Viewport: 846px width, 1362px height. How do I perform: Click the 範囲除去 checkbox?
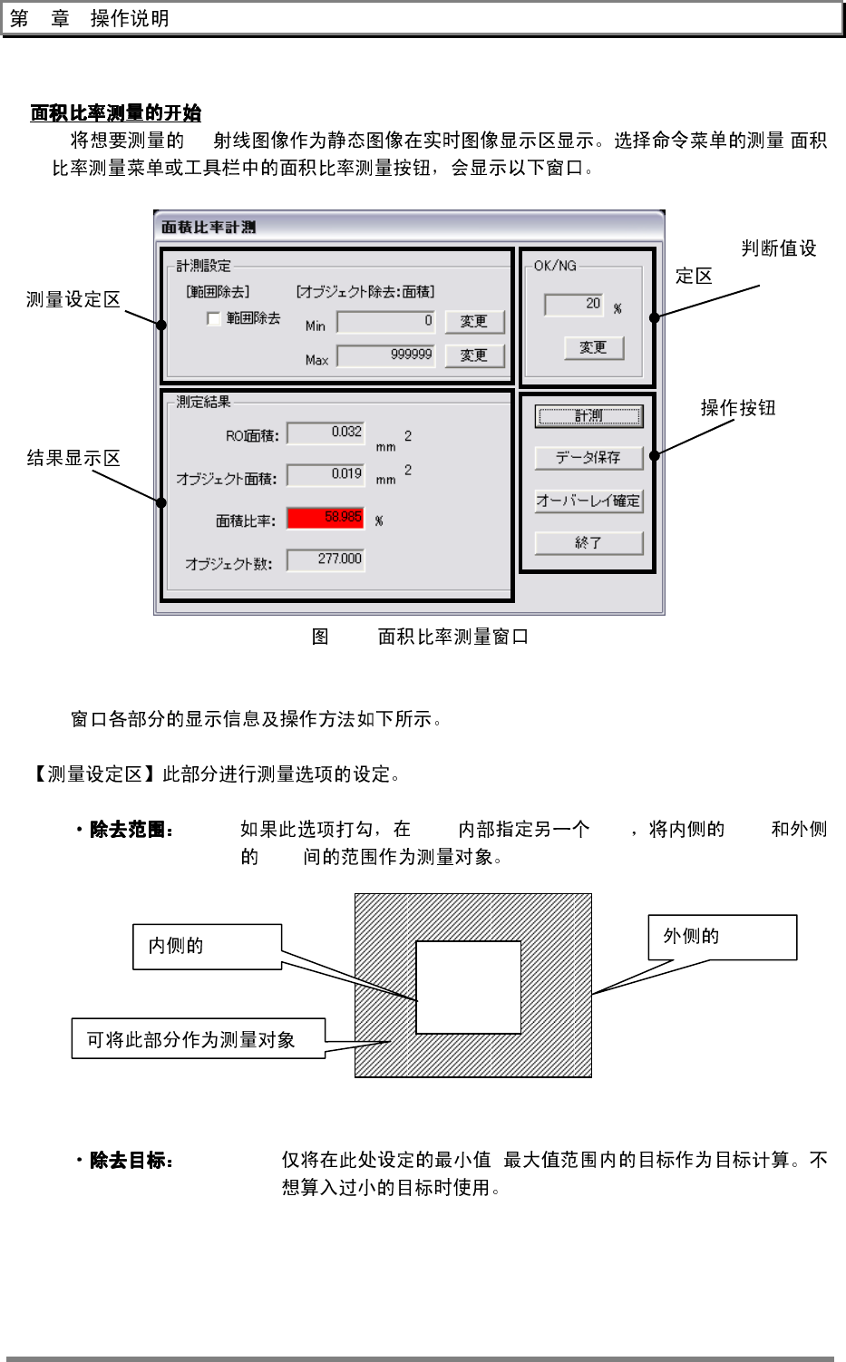click(x=214, y=318)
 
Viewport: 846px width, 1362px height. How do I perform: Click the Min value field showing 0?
click(x=385, y=321)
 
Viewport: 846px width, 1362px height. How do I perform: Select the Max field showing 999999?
click(x=385, y=355)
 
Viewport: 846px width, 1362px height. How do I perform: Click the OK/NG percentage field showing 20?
click(x=573, y=304)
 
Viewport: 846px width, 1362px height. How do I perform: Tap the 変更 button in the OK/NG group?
click(x=594, y=347)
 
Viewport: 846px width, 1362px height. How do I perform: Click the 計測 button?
click(x=588, y=416)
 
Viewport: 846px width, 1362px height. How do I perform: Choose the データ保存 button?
click(x=588, y=458)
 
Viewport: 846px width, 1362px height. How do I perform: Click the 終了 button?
click(x=588, y=542)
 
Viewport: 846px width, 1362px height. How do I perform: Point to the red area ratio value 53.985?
click(x=326, y=517)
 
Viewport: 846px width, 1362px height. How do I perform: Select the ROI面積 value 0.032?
click(x=326, y=433)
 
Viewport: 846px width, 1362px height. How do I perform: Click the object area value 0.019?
click(x=326, y=474)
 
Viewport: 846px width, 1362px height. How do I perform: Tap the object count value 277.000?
click(x=326, y=559)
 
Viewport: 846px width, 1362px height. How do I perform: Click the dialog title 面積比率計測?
click(x=209, y=227)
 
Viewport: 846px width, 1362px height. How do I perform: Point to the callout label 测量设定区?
click(x=73, y=299)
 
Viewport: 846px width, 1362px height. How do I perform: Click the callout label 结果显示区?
click(x=73, y=458)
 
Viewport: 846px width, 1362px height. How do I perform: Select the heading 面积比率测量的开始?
click(x=116, y=113)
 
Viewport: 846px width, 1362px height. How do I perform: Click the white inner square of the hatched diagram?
click(x=468, y=987)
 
